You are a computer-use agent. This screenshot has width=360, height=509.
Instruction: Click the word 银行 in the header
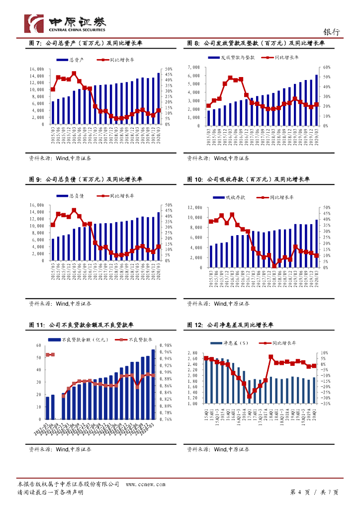point(332,31)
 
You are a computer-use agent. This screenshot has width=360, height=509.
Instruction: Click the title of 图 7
point(86,44)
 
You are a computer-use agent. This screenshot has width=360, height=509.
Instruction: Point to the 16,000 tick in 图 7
point(38,69)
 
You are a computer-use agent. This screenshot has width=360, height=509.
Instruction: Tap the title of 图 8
point(256,44)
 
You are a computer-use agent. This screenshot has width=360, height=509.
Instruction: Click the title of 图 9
point(86,179)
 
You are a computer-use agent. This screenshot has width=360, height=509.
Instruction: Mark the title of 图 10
point(248,179)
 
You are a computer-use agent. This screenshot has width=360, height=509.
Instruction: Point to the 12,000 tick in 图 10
point(194,208)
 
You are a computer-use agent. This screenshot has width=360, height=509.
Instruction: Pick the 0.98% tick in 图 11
point(165,345)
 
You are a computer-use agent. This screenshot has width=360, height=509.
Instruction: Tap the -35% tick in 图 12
point(326,404)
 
